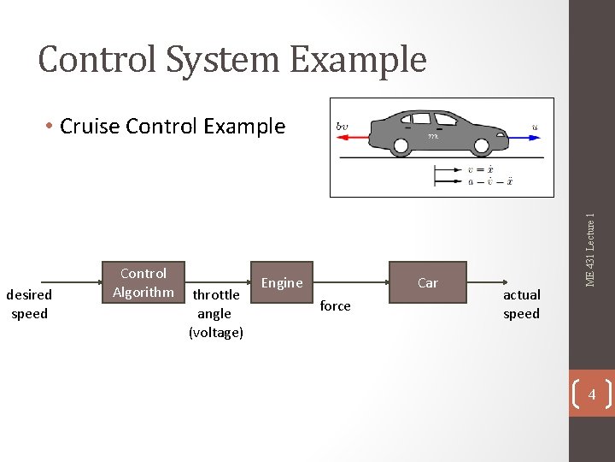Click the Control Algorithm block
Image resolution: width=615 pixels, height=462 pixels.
[x=143, y=283]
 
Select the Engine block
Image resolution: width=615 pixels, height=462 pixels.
[x=282, y=282]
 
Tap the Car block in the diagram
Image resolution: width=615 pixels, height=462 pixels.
[x=428, y=282]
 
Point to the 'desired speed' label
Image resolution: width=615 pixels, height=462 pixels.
[x=29, y=304]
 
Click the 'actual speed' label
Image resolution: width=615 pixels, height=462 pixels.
[x=521, y=304]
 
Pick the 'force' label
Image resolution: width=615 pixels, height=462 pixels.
[x=335, y=306]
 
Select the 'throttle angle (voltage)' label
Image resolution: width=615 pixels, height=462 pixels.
[x=216, y=313]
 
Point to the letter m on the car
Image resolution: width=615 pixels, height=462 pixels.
[x=433, y=136]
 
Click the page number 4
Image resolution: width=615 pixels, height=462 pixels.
[x=591, y=394]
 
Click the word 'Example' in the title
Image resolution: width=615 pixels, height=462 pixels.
[x=358, y=60]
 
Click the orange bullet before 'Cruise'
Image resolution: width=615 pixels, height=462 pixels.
[x=51, y=127]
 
